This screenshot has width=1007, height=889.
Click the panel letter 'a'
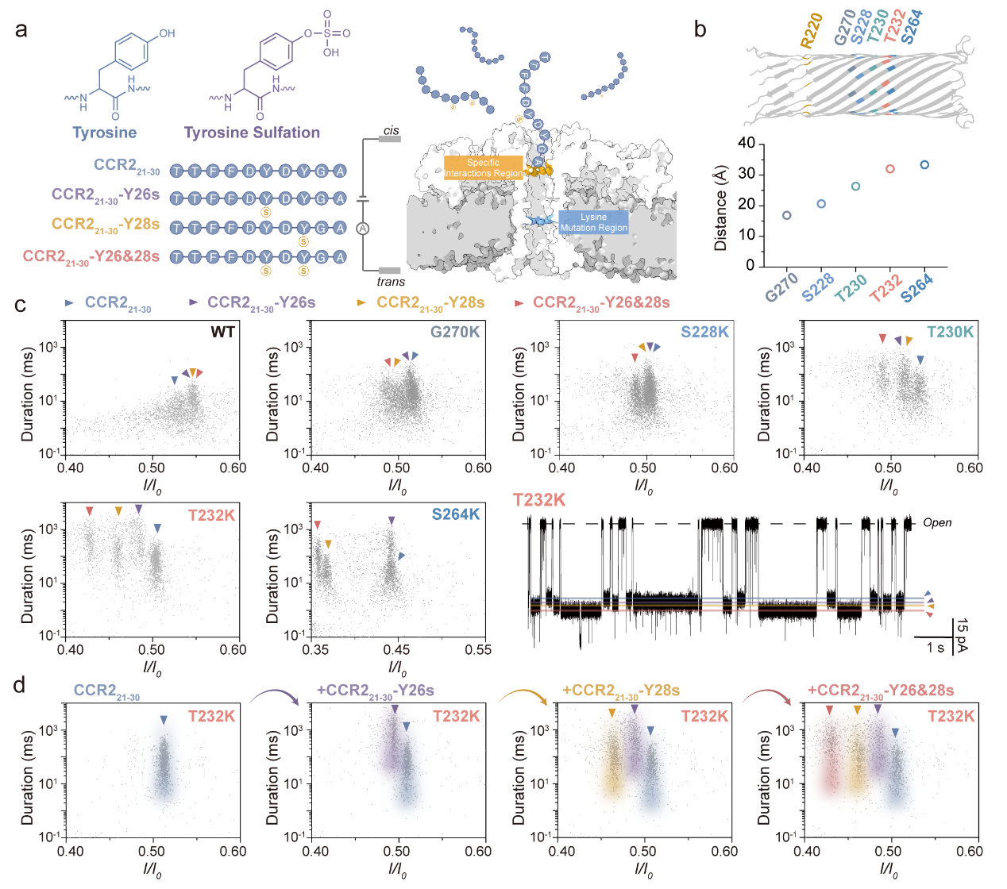[x=21, y=30]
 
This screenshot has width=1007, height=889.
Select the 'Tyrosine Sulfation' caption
[x=252, y=133]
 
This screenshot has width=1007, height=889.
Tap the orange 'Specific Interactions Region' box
[x=483, y=167]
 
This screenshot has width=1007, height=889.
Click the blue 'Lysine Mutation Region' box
[x=593, y=222]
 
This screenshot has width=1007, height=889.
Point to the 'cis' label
[x=391, y=131]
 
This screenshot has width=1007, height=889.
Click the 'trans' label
[x=391, y=282]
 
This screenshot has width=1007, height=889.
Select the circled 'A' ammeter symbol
[x=363, y=229]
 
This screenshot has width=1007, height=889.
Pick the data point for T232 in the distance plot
[x=890, y=169]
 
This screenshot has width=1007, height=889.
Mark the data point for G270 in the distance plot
[x=786, y=215]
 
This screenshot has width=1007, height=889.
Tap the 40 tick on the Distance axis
[x=746, y=144]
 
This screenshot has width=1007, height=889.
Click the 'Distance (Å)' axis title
[x=721, y=208]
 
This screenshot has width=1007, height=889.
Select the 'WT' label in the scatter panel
[x=222, y=332]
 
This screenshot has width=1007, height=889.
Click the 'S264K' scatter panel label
[x=456, y=514]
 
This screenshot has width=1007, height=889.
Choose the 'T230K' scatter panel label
[x=950, y=332]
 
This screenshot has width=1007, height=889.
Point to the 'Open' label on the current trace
[x=937, y=523]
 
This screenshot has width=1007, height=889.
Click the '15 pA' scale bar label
[x=963, y=635]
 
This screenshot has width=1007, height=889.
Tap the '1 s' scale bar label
[x=936, y=648]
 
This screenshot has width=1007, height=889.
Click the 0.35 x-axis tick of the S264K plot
[x=316, y=650]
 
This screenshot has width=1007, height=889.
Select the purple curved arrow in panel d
[x=275, y=696]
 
